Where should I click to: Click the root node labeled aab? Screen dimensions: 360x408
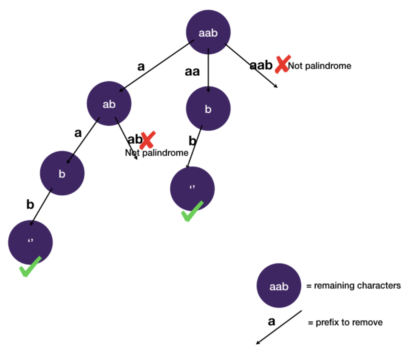pos(208,32)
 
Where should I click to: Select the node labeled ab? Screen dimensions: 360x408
pos(109,104)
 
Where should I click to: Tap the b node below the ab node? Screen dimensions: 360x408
pos(62,174)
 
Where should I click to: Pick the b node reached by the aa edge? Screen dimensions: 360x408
pos(208,109)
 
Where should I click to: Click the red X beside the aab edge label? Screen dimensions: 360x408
pos(282,64)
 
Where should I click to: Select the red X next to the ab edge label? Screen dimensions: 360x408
pos(147,140)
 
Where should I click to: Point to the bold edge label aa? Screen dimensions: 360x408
pos(192,72)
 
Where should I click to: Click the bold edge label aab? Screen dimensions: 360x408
pos(261,65)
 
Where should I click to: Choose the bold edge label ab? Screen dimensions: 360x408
pos(134,140)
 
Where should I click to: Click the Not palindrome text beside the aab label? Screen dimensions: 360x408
pos(319,66)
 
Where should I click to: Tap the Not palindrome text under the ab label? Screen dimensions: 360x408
pos(156,153)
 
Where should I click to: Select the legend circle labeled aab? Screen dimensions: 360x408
pos(279,286)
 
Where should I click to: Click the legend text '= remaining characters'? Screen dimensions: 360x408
pos(353,286)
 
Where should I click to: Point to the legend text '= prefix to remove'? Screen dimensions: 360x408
pos(345,322)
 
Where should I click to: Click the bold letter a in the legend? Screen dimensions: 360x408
pos(272,321)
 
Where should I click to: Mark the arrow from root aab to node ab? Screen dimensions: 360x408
pos(156,66)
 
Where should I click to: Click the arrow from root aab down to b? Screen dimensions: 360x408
pos(208,70)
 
